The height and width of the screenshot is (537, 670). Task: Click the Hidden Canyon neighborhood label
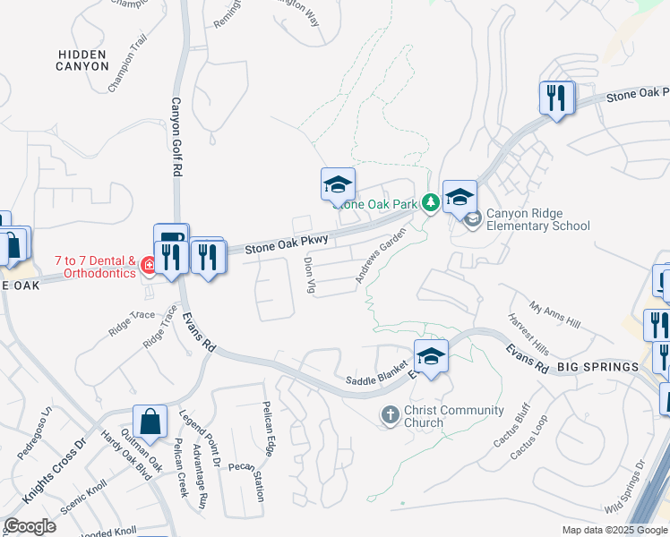coord(82,60)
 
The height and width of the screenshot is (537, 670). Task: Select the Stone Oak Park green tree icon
coord(430,202)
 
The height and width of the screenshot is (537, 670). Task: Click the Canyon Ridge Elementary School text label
coord(537,220)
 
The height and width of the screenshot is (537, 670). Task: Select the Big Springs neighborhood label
coord(597,367)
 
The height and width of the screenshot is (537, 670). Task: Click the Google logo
coord(30,526)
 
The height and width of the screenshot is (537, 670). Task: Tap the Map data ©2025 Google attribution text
coord(614,530)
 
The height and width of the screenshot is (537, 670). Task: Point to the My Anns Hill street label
coord(555,315)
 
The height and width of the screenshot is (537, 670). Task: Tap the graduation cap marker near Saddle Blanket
coord(431,356)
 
